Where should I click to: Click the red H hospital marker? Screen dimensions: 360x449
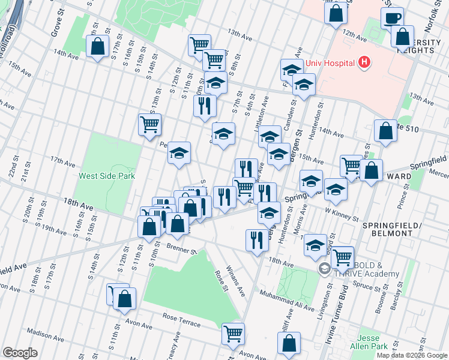(x=363, y=62)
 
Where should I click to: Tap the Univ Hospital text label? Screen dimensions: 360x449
(x=331, y=62)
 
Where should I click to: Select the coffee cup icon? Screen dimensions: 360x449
(x=392, y=18)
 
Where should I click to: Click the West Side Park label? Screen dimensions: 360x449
(x=107, y=176)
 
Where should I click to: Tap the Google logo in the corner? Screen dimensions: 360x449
(x=20, y=353)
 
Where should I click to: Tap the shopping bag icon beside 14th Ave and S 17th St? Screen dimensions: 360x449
(x=97, y=46)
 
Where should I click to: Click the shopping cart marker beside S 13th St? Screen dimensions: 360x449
(x=149, y=125)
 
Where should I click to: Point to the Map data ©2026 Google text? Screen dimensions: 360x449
(x=412, y=355)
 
